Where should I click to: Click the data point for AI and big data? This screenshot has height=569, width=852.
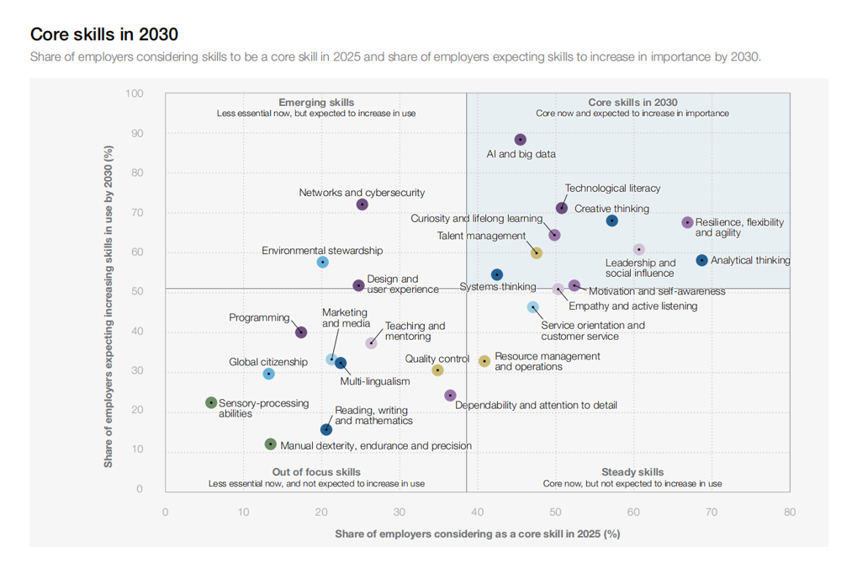coord(520,140)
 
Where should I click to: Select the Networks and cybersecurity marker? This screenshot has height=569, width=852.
coord(362,205)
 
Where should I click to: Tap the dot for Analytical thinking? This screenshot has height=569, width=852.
coord(702,260)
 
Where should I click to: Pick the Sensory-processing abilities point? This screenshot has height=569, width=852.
coord(211,403)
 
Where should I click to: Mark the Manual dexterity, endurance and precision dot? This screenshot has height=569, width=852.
coord(270,444)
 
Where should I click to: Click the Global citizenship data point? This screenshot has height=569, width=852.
coord(268,374)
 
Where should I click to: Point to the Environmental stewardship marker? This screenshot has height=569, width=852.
coord(322,263)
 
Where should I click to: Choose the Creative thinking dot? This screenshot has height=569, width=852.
coord(612,221)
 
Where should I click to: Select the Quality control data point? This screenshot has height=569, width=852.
coord(437,370)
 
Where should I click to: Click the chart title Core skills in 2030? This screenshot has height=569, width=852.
coord(103,35)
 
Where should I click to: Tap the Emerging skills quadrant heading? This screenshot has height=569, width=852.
coord(316,103)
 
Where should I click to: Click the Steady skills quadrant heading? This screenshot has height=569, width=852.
coord(632,472)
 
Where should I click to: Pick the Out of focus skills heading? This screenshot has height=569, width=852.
coord(316,472)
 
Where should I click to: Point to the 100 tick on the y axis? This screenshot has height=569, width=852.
coord(134,93)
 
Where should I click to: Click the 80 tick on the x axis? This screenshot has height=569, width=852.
coord(790,512)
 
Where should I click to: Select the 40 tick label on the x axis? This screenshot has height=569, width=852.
coord(478,512)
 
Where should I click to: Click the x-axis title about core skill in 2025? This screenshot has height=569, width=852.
coord(477,534)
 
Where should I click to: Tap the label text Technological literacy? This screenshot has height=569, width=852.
coord(612,189)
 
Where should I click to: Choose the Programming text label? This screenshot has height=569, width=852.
coord(259,318)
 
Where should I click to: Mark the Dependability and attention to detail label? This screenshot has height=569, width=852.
coord(536,405)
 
